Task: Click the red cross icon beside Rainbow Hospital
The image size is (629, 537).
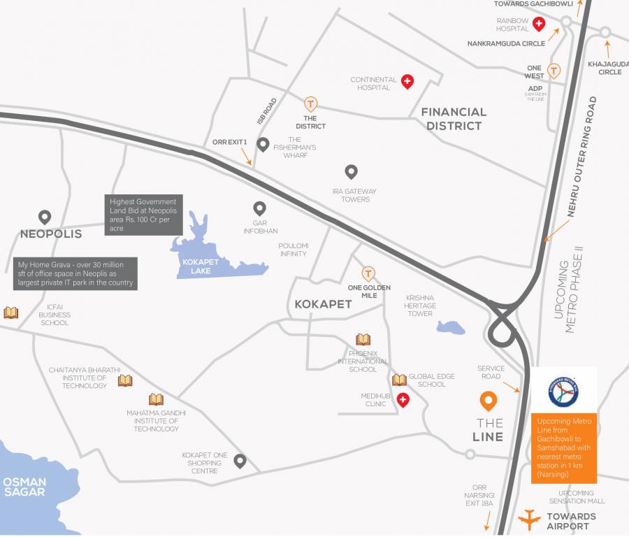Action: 539,25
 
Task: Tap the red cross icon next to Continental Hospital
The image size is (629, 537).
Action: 407,83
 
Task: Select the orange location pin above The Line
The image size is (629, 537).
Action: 489,401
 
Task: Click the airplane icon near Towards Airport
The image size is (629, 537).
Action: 530,520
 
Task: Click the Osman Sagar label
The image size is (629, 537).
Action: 24,487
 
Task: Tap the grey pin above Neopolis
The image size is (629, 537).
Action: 44,217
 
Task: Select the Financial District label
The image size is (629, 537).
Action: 454,119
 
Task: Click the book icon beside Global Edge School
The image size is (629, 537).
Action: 399,380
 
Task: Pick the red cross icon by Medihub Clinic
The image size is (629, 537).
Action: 403,399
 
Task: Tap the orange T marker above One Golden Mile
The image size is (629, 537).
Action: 368,273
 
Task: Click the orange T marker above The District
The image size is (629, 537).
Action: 310,104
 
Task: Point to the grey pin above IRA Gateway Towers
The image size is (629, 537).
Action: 351,171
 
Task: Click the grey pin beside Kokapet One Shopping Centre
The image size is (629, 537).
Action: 240,461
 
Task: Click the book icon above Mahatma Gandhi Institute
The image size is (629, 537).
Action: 156,399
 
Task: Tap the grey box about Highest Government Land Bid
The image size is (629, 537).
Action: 144,215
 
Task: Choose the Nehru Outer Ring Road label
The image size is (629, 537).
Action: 582,156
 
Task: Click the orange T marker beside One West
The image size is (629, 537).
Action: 554,71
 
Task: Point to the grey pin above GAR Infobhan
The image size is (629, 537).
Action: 259,208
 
